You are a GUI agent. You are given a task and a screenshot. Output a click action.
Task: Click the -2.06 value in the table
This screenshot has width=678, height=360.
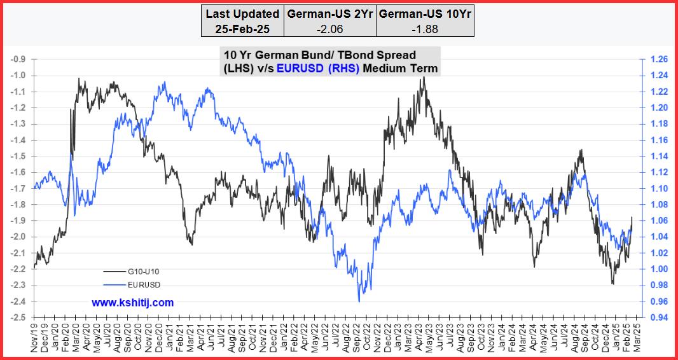[x=329, y=29]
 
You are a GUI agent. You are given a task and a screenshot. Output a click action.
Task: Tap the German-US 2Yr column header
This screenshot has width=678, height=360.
[x=329, y=13]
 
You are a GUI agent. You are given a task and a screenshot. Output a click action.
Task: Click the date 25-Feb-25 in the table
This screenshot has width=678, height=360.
[x=242, y=29]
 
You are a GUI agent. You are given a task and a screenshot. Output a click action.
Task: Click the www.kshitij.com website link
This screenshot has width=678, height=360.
[x=132, y=303]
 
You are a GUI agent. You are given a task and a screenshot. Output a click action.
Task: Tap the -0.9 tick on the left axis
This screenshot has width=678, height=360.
[x=19, y=59]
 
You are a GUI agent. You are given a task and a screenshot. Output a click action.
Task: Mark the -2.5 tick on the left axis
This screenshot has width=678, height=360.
[x=19, y=317]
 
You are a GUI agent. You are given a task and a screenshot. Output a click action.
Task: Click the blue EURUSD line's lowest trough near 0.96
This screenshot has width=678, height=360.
[x=360, y=301]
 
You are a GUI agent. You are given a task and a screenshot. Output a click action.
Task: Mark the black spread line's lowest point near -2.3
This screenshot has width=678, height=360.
[x=612, y=284]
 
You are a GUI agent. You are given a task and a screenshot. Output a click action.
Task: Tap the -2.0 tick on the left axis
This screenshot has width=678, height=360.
[x=19, y=237]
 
